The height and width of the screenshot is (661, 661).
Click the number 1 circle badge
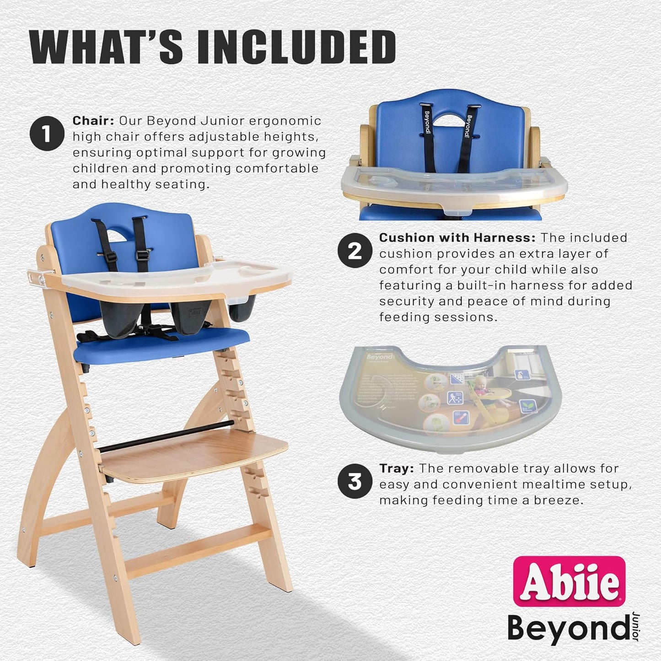pyautogui.click(x=46, y=134)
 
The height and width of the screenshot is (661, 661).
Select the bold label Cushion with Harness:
pyautogui.click(x=457, y=238)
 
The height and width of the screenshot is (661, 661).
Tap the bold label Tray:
pyautogui.click(x=397, y=469)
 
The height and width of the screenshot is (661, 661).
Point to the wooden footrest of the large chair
pyautogui.click(x=192, y=453)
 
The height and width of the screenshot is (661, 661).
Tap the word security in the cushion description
pyautogui.click(x=406, y=301)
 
